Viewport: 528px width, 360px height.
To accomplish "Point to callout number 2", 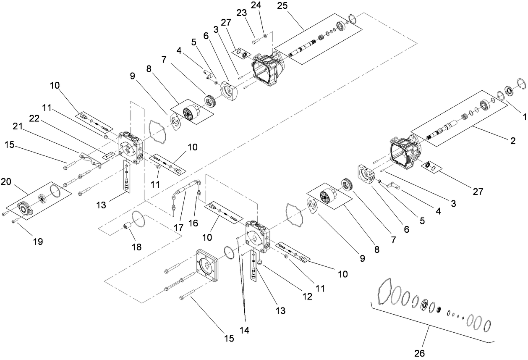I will (x=513, y=141).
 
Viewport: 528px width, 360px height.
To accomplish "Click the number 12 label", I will (x=307, y=297).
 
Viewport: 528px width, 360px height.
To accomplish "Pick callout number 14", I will (x=244, y=330).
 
